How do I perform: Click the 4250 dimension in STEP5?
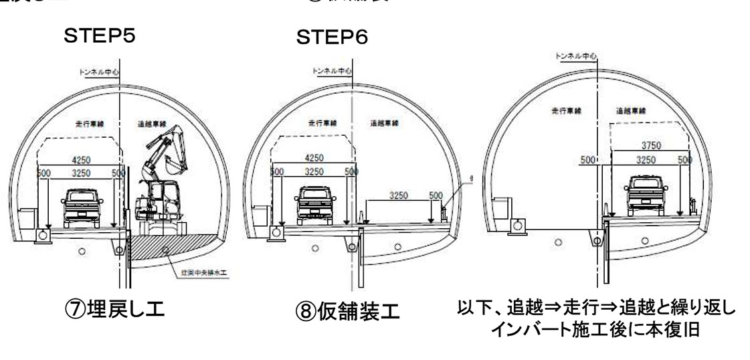click(80, 161)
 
